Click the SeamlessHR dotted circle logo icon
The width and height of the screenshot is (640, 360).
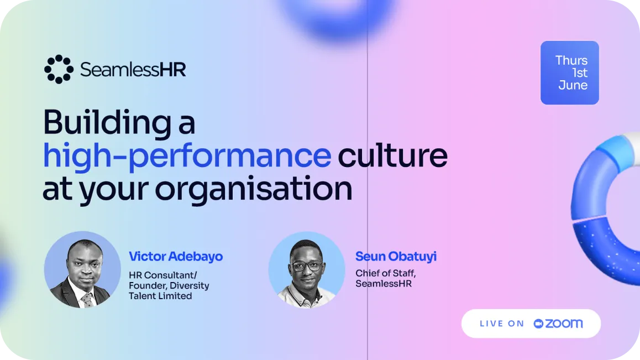(59, 69)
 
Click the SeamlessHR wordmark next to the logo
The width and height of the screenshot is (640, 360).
(133, 70)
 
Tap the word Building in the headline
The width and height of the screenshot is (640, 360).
(107, 123)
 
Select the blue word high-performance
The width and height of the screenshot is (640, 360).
(187, 156)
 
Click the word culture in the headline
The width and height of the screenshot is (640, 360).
(392, 155)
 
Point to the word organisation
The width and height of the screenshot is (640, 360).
(254, 189)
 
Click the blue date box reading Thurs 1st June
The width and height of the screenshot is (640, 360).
(569, 73)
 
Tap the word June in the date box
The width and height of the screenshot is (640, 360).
(573, 85)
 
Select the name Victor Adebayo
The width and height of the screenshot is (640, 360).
(176, 257)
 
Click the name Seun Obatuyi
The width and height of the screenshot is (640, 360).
(396, 256)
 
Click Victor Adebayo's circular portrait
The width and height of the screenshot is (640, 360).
(82, 270)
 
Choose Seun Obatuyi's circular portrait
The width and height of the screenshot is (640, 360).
(307, 270)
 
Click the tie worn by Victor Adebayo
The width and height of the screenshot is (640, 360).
(87, 300)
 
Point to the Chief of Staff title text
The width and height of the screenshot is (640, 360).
(386, 273)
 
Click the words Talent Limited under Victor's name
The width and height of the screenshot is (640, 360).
(160, 296)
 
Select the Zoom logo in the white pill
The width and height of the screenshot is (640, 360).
(558, 324)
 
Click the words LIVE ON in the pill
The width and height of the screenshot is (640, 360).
(502, 324)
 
